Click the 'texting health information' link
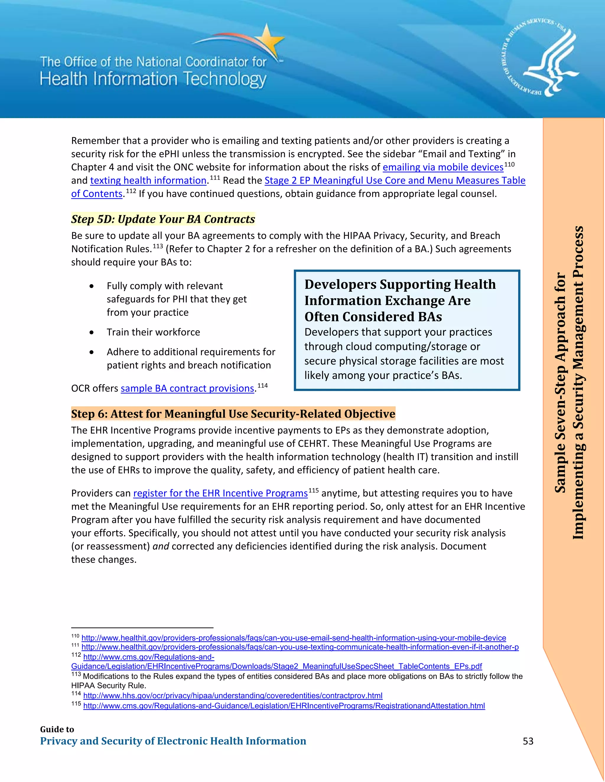coord(148,181)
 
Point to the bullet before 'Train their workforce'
coord(92,332)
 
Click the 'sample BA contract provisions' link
coord(187,389)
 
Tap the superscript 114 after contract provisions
coord(262,386)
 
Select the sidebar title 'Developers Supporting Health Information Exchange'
coord(400,300)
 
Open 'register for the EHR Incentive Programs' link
coord(220,493)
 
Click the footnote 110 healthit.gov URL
coord(294,638)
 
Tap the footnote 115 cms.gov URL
coord(284,706)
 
